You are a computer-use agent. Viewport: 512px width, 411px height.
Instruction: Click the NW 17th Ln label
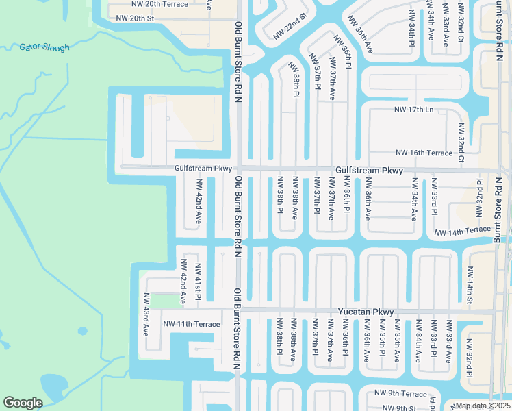[414, 110]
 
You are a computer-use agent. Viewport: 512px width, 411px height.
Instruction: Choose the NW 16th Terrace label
[424, 153]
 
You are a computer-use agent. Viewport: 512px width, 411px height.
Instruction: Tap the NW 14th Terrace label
[463, 232]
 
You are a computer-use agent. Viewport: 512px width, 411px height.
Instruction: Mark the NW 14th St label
[470, 285]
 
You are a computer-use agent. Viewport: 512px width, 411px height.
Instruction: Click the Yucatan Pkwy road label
[366, 312]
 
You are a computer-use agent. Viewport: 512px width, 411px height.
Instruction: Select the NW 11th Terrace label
[192, 324]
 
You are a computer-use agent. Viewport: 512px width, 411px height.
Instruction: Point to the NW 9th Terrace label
[400, 394]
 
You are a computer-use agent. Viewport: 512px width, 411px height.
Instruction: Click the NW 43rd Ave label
[146, 314]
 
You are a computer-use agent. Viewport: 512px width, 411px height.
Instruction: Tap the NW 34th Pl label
[413, 27]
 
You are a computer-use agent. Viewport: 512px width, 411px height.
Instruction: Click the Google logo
[23, 403]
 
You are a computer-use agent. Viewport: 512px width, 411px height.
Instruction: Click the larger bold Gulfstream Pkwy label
[369, 171]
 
